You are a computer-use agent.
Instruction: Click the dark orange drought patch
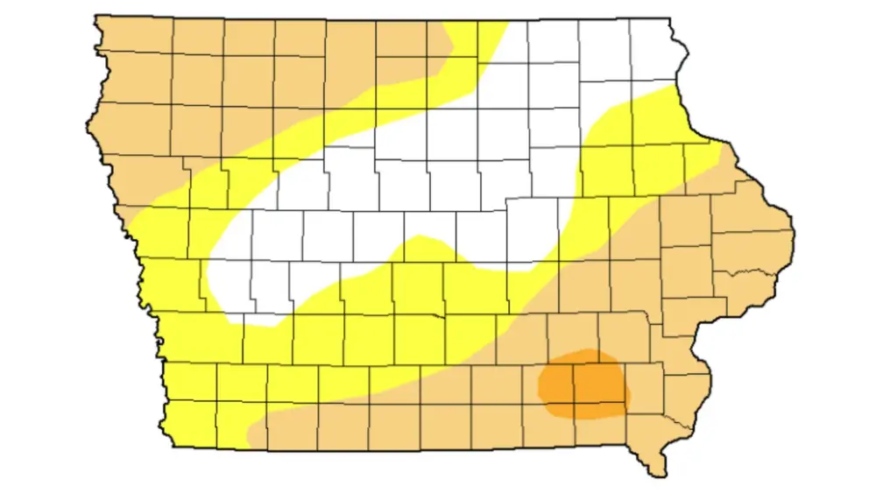pyautogui.click(x=582, y=383)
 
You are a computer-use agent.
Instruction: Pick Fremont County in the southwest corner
pyautogui.click(x=193, y=425)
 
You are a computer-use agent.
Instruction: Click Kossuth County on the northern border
pyautogui.click(x=351, y=53)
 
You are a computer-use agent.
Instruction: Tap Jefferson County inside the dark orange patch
pyautogui.click(x=600, y=385)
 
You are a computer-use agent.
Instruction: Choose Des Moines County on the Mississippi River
pyautogui.click(x=679, y=390)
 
